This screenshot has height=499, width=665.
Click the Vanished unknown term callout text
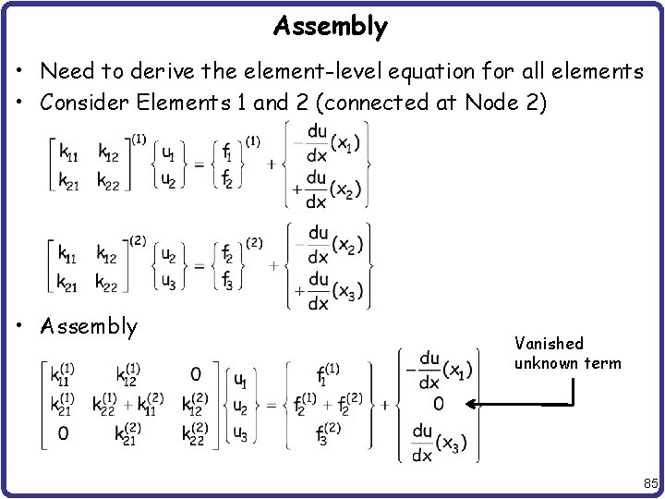567,352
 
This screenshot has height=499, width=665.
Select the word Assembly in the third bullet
89,326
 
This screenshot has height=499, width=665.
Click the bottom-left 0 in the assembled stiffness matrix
63,432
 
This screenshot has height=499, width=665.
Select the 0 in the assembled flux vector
438,404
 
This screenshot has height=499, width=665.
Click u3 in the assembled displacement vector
239,432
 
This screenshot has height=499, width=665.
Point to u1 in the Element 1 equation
168,154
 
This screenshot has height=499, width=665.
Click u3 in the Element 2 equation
168,281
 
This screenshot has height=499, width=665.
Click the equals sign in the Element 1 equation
197,164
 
